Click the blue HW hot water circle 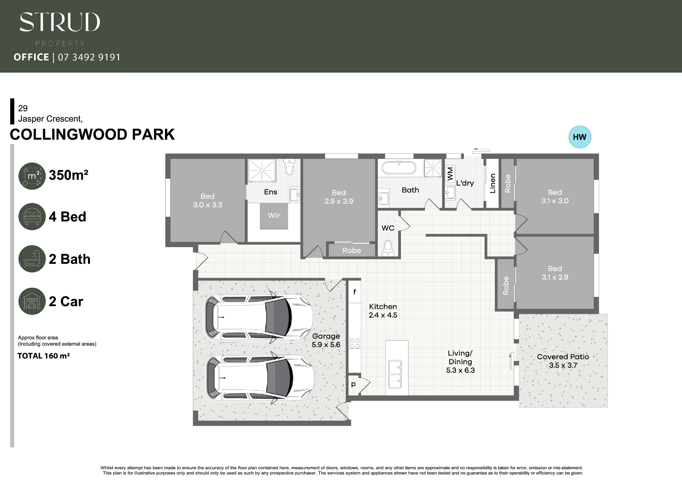(x=580, y=137)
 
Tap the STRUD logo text (x=60, y=22)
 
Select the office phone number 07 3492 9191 (x=89, y=57)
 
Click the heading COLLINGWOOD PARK (x=92, y=134)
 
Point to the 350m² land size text (x=69, y=175)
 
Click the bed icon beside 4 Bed (x=32, y=217)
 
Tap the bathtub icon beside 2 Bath (x=32, y=259)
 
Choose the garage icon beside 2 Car (x=32, y=301)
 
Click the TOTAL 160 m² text (x=44, y=356)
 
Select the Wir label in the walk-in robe (x=274, y=215)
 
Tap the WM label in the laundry (x=450, y=174)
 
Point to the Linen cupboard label (x=492, y=183)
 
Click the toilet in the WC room (x=388, y=248)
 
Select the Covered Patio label (x=563, y=357)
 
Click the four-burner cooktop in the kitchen (x=355, y=343)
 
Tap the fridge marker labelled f (x=355, y=291)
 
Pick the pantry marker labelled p (x=353, y=384)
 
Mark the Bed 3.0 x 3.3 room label (x=208, y=200)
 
